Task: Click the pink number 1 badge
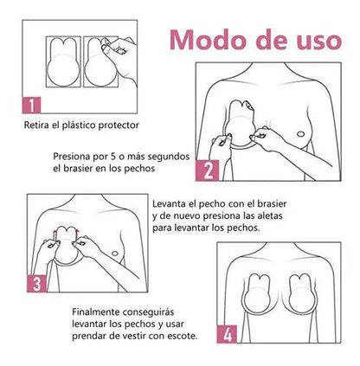[29, 107]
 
